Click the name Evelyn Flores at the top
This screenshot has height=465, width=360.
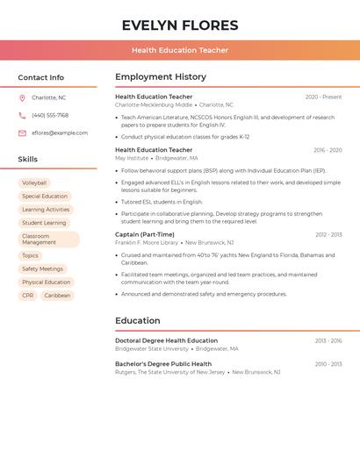click(x=180, y=25)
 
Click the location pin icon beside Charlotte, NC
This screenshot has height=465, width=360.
click(x=22, y=97)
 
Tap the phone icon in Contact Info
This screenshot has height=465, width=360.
click(x=22, y=115)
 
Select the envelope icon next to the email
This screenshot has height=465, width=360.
click(x=22, y=133)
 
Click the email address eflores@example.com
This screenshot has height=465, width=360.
click(x=60, y=133)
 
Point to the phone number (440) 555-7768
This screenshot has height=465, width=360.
click(x=50, y=115)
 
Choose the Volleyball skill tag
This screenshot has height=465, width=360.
click(x=34, y=182)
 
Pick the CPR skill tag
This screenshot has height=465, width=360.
click(x=27, y=296)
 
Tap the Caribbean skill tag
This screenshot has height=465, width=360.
click(x=57, y=296)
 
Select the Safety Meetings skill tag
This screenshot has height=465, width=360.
click(x=42, y=268)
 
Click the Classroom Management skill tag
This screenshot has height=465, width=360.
click(x=48, y=239)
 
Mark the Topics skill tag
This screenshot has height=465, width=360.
click(x=30, y=255)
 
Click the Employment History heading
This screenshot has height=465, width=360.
click(x=161, y=77)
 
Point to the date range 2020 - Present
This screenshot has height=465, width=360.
click(x=323, y=97)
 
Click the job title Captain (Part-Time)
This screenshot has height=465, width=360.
click(x=145, y=234)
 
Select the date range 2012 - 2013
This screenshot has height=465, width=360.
click(x=328, y=234)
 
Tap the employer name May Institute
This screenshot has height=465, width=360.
click(x=132, y=158)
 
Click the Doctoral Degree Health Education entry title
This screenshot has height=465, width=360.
click(x=166, y=340)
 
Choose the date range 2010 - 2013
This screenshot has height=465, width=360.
click(x=328, y=363)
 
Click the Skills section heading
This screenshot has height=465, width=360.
click(x=28, y=160)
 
